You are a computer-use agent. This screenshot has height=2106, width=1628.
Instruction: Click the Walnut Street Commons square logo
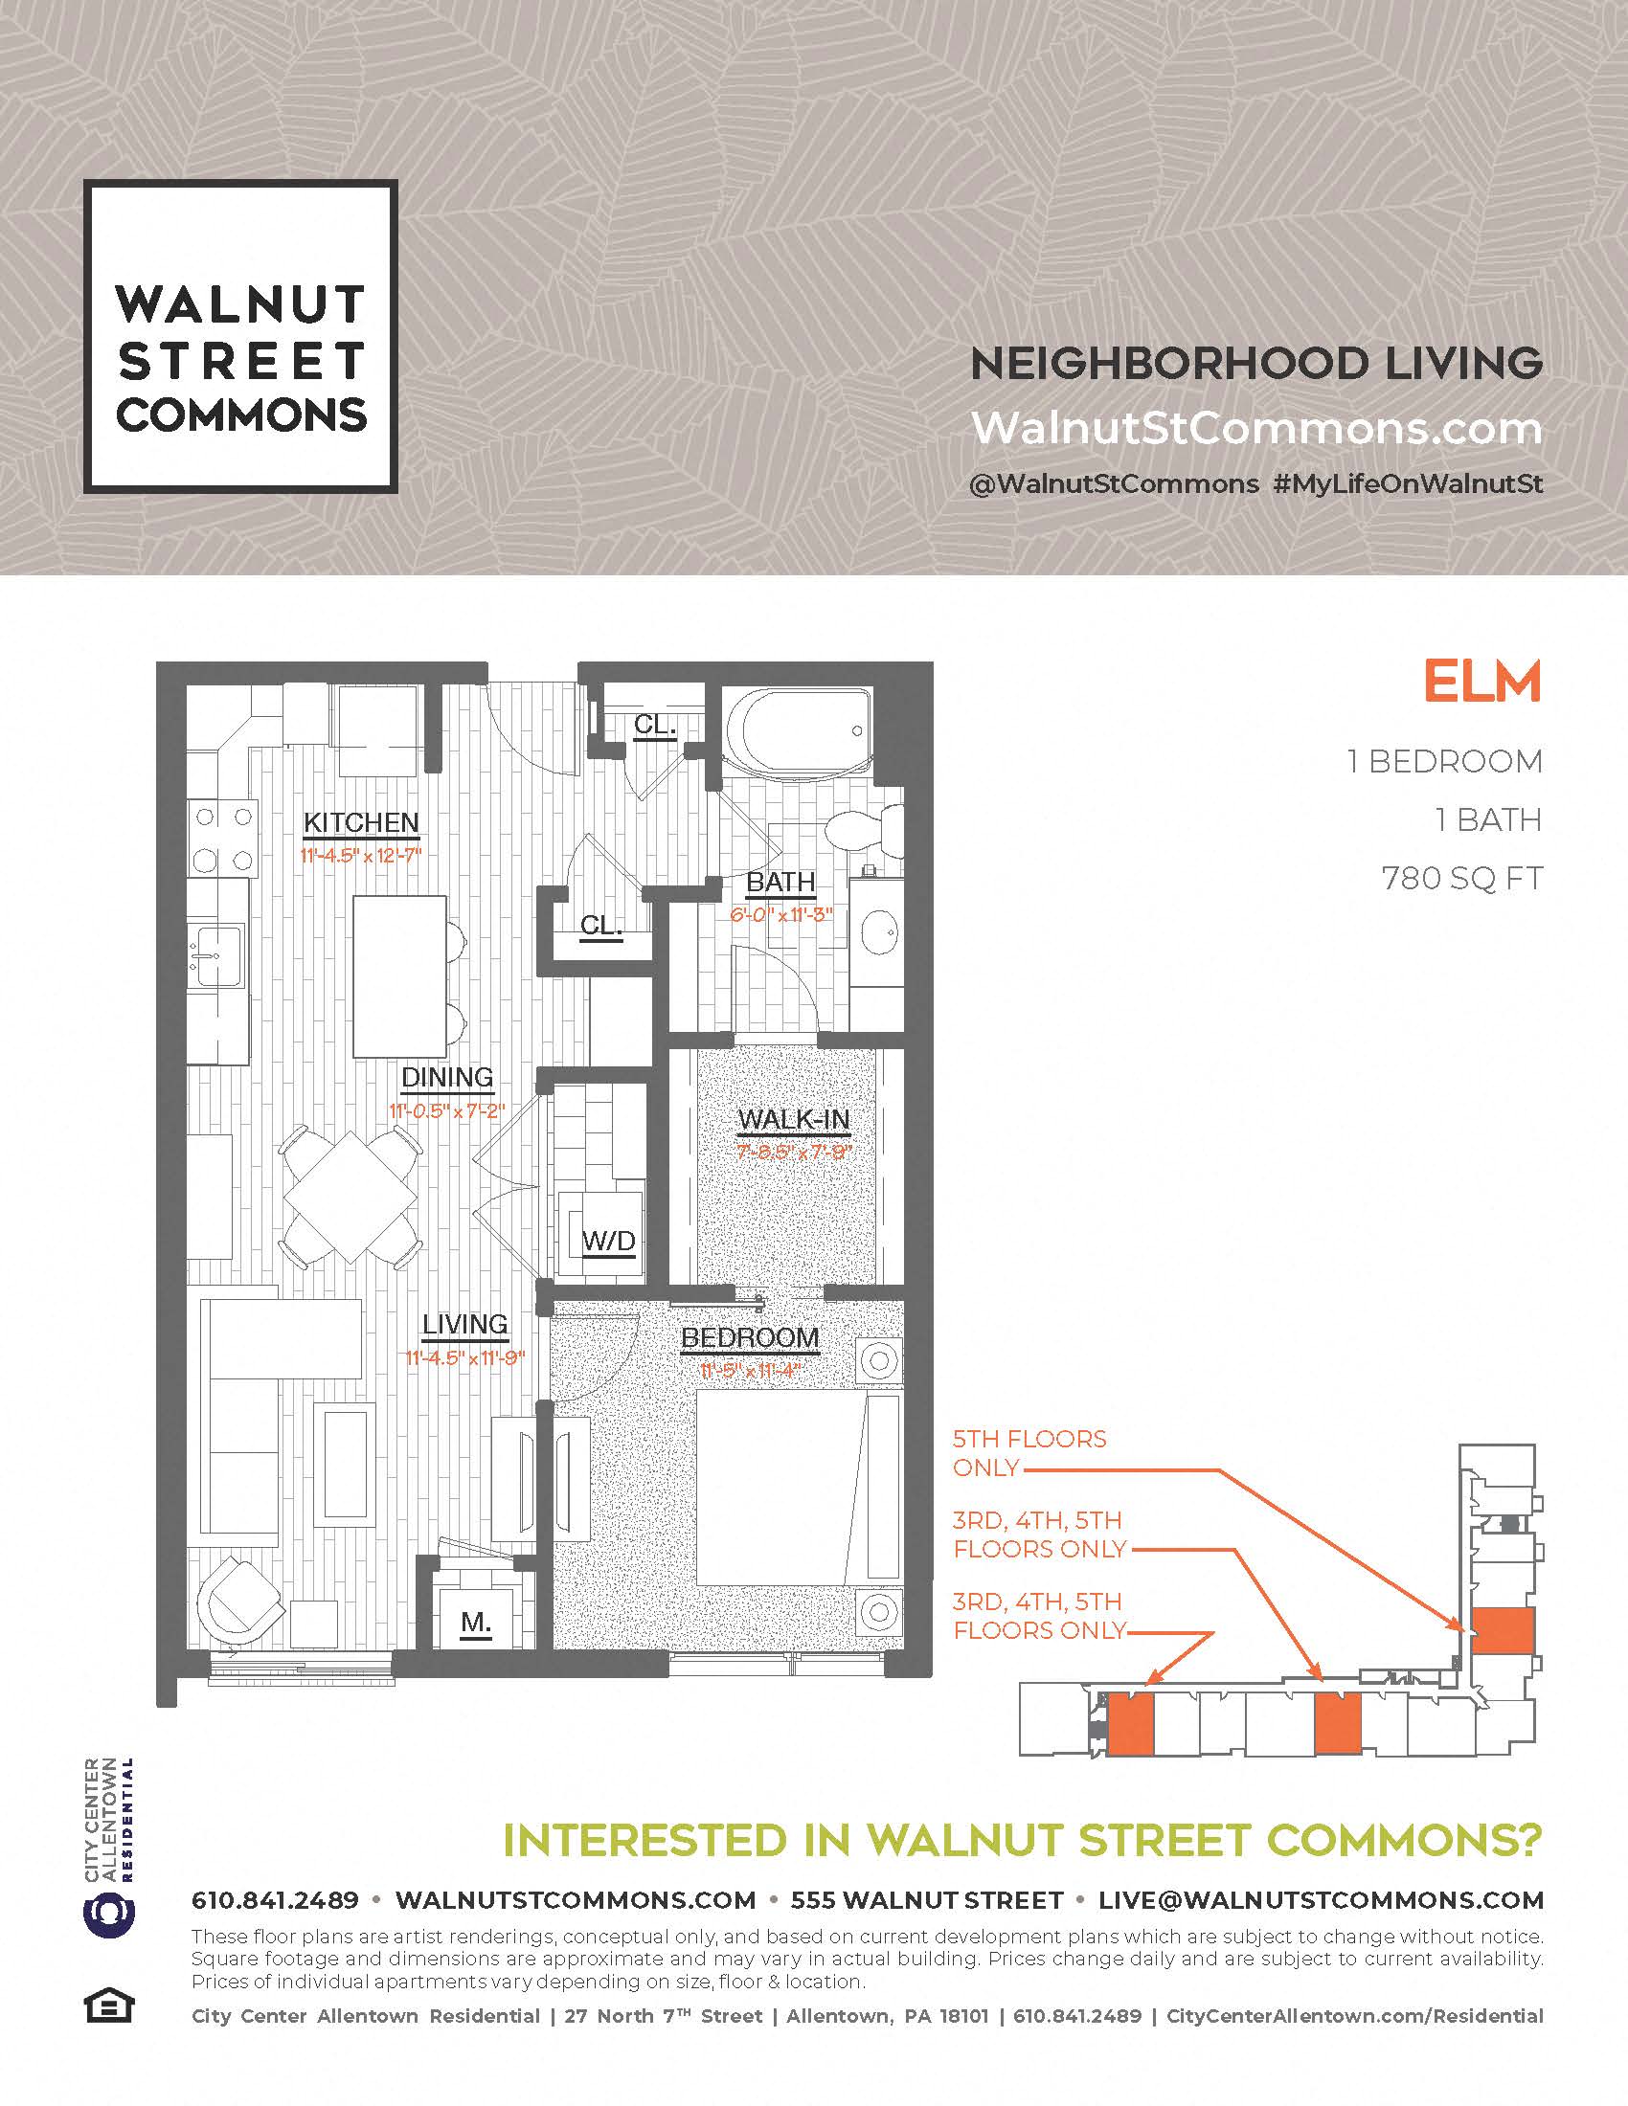coord(240,337)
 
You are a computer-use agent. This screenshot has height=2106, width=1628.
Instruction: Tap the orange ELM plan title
coord(1482,682)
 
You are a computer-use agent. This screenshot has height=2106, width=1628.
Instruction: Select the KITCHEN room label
coord(362,822)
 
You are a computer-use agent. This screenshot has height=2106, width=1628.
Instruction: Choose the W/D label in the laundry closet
coord(609,1241)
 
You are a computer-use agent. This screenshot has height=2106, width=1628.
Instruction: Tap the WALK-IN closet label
coord(794,1120)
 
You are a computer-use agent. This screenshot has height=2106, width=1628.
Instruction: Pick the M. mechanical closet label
coord(477,1623)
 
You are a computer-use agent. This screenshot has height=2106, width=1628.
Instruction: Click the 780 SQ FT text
coord(1462,879)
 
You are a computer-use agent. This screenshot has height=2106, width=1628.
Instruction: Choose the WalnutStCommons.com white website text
coord(1256,428)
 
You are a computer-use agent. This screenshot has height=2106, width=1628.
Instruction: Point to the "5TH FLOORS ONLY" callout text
coord(1029,1453)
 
